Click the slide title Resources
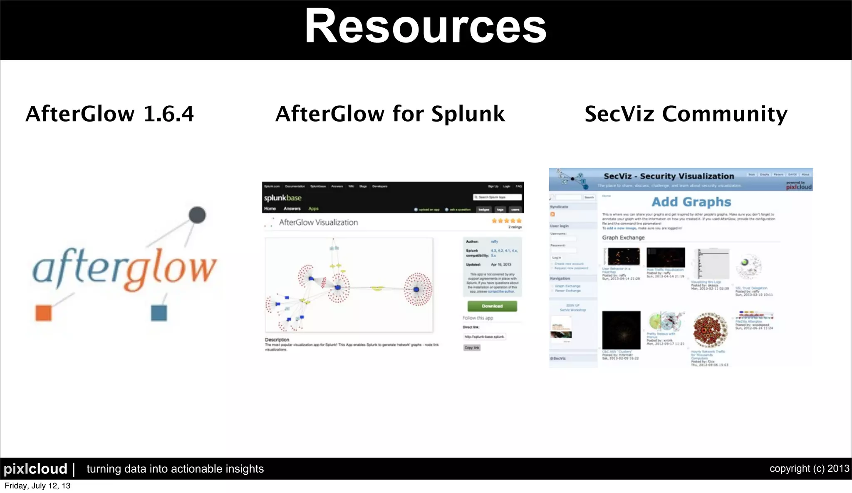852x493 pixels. coord(425,27)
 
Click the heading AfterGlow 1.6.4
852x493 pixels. coord(109,114)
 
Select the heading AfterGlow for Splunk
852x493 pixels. coord(390,114)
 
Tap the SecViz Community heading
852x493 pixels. coord(686,114)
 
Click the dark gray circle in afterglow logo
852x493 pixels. coord(197,215)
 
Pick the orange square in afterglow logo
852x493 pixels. coord(44,313)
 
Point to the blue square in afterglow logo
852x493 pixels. coord(159,313)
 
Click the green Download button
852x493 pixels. coord(492,306)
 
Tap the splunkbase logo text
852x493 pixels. coord(282,198)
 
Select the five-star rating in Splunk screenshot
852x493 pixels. coord(506,221)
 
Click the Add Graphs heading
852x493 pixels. coord(691,202)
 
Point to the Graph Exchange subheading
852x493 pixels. coord(623,237)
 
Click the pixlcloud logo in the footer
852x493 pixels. coord(35,469)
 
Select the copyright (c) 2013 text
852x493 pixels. coord(809,468)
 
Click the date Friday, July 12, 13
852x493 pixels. coord(37,486)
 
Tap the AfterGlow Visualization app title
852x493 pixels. coord(318,222)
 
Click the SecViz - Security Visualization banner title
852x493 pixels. coord(669,176)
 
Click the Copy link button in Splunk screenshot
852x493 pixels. coord(472,348)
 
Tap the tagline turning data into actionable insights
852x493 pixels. coord(175,469)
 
